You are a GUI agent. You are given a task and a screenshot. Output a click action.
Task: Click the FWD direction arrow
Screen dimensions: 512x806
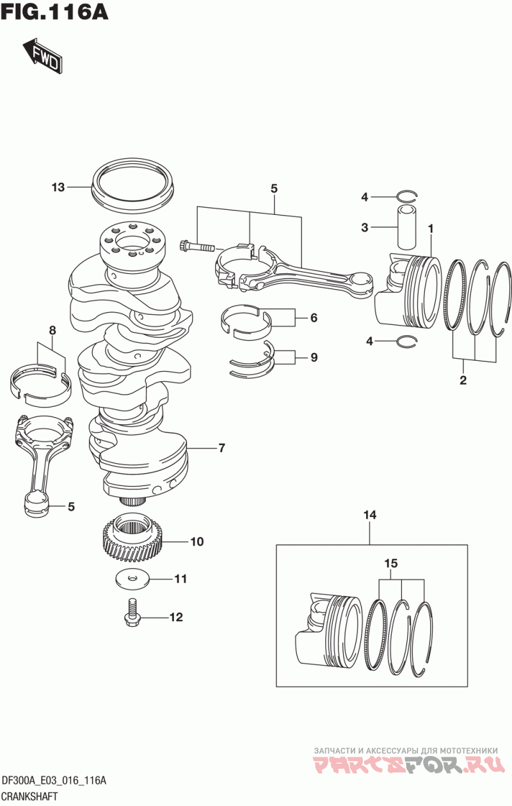click(43, 56)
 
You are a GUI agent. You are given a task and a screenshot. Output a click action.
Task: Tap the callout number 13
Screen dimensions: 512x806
click(58, 187)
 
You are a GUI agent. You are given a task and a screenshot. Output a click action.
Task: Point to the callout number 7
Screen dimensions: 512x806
click(222, 448)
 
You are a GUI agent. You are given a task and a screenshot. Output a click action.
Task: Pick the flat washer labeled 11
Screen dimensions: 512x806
click(131, 578)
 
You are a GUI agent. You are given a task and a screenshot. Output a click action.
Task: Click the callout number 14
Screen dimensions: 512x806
click(370, 516)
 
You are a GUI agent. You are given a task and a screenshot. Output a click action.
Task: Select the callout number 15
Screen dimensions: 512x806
click(391, 563)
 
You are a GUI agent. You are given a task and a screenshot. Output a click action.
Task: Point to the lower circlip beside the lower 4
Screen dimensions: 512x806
click(407, 341)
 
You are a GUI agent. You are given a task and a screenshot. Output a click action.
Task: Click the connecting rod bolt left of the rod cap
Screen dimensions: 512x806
click(196, 247)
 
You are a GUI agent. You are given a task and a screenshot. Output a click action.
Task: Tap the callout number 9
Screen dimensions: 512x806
click(314, 358)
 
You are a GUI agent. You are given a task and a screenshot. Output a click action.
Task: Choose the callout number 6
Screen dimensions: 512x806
click(314, 318)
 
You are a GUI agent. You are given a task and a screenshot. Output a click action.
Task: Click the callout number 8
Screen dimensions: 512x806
click(52, 330)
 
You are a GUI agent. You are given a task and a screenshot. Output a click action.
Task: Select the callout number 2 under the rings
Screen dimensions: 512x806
click(463, 380)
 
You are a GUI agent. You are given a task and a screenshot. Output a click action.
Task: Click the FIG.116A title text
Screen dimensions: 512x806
click(54, 12)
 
